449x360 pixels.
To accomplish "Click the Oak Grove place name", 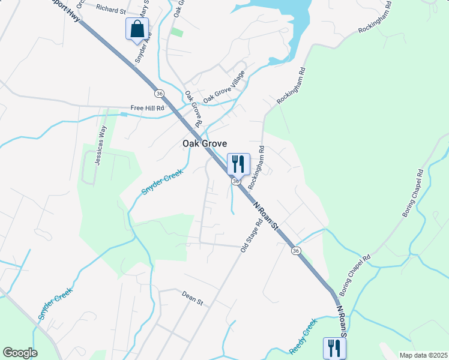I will pyautogui.click(x=205, y=144).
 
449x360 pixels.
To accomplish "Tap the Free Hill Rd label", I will pyautogui.click(x=148, y=109).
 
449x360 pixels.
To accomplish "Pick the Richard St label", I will pyautogui.click(x=110, y=10).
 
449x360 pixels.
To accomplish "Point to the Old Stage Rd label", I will pyautogui.click(x=252, y=235).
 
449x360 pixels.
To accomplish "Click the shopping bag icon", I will pyautogui.click(x=137, y=28).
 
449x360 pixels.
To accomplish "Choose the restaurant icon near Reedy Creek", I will pyautogui.click(x=334, y=347).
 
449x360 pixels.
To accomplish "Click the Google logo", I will pyautogui.click(x=20, y=353).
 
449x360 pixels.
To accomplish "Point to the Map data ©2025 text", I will pyautogui.click(x=423, y=355).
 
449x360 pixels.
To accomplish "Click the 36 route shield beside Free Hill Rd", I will pyautogui.click(x=159, y=94).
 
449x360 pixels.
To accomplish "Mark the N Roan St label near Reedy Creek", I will pyautogui.click(x=342, y=319).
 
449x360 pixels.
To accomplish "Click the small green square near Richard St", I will pyautogui.click(x=176, y=31).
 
